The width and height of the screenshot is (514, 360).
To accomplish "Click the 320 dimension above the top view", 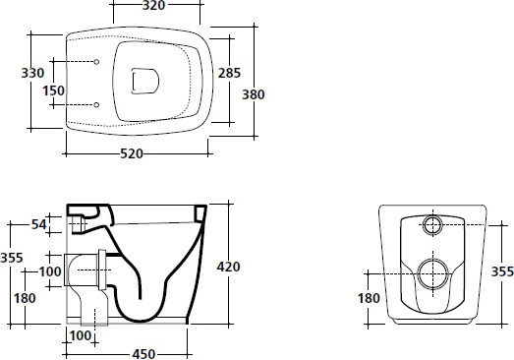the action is [x=153, y=5].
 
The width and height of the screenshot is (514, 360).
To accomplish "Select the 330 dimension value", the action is [x=32, y=73].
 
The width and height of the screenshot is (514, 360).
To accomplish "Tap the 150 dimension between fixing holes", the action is [x=54, y=90].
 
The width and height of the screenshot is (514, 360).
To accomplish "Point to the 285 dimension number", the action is [x=229, y=73].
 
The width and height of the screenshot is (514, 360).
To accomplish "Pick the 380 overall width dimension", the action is [x=253, y=94].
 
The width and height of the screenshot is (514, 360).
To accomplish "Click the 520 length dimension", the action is [x=132, y=153].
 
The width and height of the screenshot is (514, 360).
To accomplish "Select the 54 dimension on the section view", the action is [x=39, y=224].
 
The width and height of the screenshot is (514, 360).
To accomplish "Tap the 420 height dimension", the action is [x=228, y=267].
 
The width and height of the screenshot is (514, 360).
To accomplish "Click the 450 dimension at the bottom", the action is [x=143, y=354].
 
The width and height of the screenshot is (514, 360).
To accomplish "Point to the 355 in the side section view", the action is [x=12, y=258].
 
